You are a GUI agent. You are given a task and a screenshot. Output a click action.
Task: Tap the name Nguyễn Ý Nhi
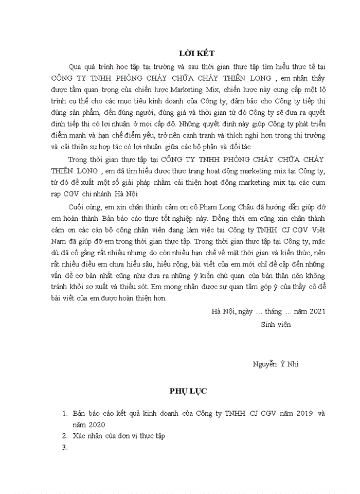(275, 364)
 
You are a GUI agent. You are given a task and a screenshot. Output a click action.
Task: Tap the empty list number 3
(65, 447)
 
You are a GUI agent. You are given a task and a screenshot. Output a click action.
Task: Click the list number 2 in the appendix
(65, 436)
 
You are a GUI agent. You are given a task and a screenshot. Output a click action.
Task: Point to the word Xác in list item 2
(79, 436)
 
